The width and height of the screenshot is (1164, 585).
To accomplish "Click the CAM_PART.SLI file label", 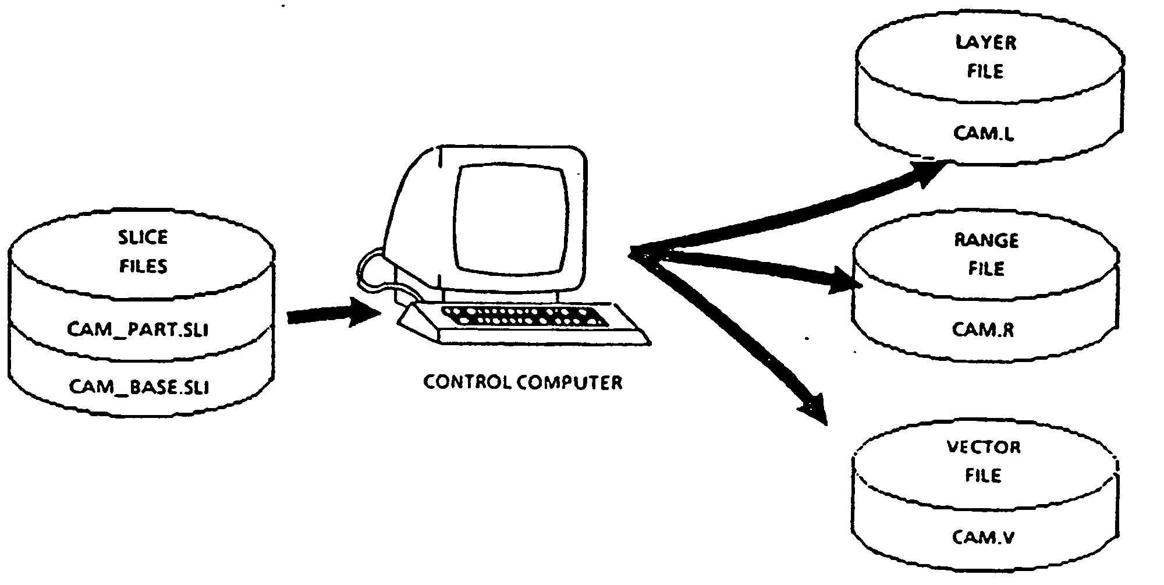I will pyautogui.click(x=139, y=329).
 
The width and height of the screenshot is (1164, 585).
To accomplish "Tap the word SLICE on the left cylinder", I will pyautogui.click(x=143, y=237).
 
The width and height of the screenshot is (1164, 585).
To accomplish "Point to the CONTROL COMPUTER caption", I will pyautogui.click(x=523, y=382).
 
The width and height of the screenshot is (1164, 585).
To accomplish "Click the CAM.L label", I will pyautogui.click(x=984, y=133).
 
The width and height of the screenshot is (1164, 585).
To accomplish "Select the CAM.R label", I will pyautogui.click(x=984, y=329).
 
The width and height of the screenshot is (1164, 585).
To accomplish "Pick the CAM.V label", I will pyautogui.click(x=984, y=536).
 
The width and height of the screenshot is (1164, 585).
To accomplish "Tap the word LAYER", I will pyautogui.click(x=986, y=42).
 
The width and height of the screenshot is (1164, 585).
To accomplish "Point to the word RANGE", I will pyautogui.click(x=986, y=240).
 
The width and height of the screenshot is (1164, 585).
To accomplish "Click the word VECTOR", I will pyautogui.click(x=984, y=447).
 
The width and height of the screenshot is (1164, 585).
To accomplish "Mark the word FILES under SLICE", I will pyautogui.click(x=143, y=266).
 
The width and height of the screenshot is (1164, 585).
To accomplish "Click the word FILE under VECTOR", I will pyautogui.click(x=984, y=476).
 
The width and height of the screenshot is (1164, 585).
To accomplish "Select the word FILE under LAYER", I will pyautogui.click(x=986, y=71).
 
